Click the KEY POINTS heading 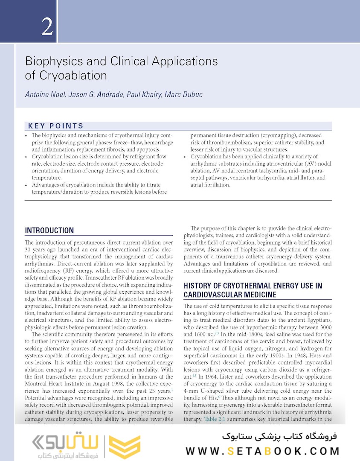pos(56,126)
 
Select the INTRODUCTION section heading pos(49,230)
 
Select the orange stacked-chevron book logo pos(125,447)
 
